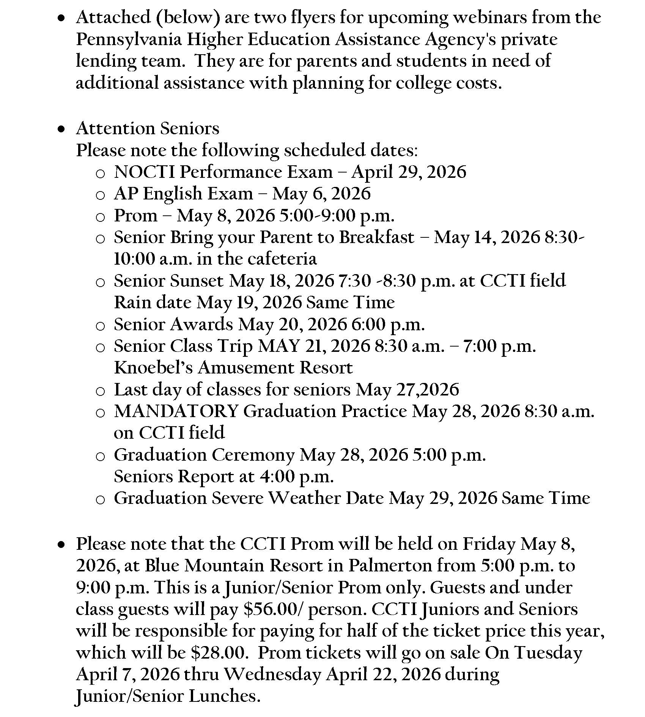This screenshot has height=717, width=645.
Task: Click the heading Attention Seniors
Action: [148, 129]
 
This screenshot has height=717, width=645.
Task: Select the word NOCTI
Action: [144, 172]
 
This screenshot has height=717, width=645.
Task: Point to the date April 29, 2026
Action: [409, 172]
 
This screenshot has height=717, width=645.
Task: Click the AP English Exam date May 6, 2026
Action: [321, 194]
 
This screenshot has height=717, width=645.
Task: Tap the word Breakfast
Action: [376, 238]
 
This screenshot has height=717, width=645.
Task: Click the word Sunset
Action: [197, 281]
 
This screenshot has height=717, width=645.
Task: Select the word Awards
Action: [201, 325]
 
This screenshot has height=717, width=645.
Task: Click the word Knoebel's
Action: [153, 368]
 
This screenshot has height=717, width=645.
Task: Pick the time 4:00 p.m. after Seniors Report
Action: [296, 477]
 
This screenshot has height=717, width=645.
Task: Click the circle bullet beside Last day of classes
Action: [100, 391]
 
